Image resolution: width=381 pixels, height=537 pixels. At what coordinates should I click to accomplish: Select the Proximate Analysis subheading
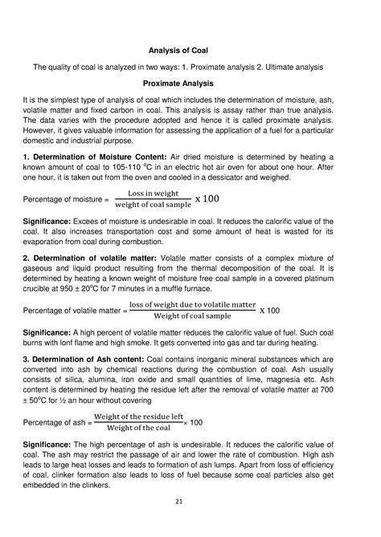tap(190, 83)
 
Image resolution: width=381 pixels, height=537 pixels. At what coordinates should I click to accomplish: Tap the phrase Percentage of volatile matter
tap(73, 310)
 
